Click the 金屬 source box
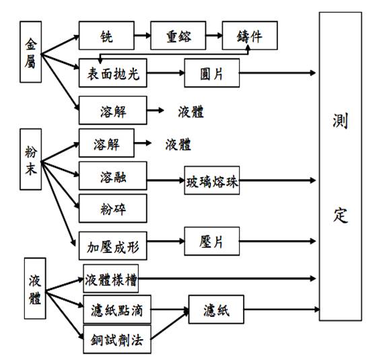tap(30, 52)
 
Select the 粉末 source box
tap(30, 159)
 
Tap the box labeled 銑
tap(106, 36)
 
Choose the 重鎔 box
tap(178, 36)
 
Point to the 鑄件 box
tap(250, 36)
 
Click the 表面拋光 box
tap(113, 73)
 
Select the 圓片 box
tap(212, 73)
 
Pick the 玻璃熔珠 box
tap(212, 180)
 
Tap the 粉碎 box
tap(113, 208)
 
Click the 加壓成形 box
tap(113, 246)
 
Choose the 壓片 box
tap(212, 241)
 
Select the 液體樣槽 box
tap(111, 279)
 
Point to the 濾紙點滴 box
tap(117, 310)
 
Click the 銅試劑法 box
tap(117, 339)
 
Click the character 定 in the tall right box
tap(340, 215)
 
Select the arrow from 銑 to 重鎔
tap(143, 36)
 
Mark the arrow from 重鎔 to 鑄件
tap(214, 36)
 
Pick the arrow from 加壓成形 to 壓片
tap(166, 241)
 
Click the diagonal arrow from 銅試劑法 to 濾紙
tap(170, 324)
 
